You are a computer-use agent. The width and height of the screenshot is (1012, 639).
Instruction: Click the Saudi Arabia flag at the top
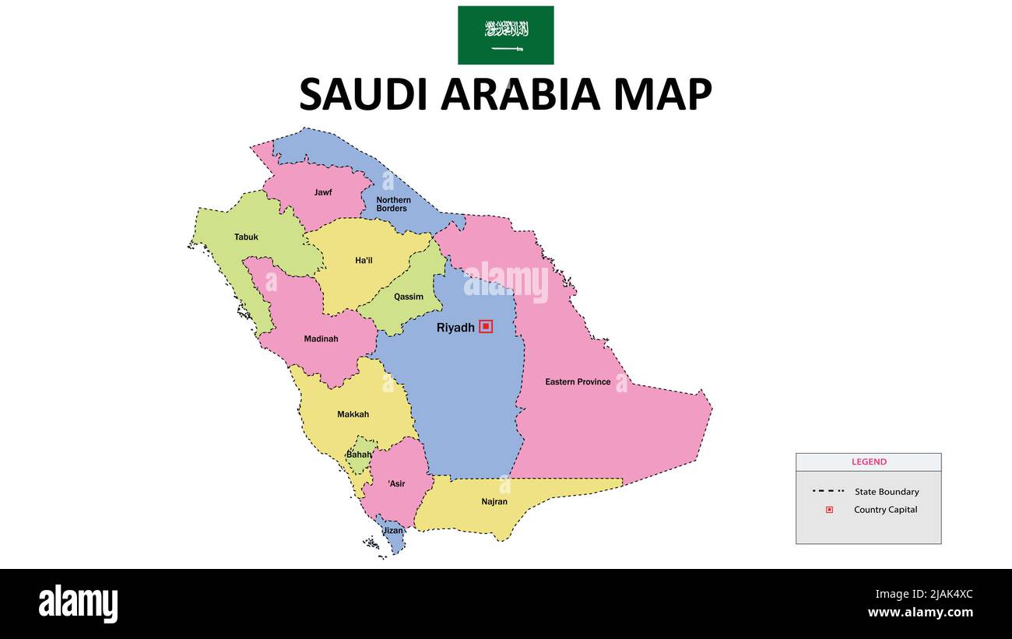coord(505,35)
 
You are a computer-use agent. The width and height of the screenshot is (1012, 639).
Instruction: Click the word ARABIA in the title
coord(521,94)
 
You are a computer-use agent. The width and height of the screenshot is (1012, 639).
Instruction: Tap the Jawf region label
coord(323,192)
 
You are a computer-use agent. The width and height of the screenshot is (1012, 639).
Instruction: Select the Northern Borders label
coord(393,204)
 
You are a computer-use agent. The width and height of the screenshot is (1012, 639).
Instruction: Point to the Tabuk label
coord(246,237)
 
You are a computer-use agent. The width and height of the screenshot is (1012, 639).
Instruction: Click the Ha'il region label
coord(364,261)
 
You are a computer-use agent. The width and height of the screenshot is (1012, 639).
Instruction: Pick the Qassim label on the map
coord(409,297)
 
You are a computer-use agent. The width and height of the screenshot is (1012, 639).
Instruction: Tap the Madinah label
coord(321,339)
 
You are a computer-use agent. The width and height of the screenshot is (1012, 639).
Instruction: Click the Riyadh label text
coord(455,328)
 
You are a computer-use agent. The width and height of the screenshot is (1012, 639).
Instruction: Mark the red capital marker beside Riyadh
coord(486,327)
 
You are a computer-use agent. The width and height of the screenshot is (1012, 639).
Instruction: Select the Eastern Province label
coord(578,382)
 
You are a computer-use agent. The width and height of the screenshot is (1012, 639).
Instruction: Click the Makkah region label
coord(353,415)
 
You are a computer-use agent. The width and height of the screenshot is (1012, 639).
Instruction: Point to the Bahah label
coord(359,455)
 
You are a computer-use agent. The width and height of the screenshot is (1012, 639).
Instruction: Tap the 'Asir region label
coord(396,484)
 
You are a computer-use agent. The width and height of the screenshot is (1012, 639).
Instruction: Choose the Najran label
coord(494,502)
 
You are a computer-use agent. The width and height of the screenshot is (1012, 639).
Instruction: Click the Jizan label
coord(393,531)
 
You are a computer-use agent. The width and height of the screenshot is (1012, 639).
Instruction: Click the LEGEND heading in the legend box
coord(869,462)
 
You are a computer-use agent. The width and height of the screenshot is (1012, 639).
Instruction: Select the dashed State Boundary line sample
coord(828,491)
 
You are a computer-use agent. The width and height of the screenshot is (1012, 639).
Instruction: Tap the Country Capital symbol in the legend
coord(829,510)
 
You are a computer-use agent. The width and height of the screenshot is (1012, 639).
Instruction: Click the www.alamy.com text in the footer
coord(920,613)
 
